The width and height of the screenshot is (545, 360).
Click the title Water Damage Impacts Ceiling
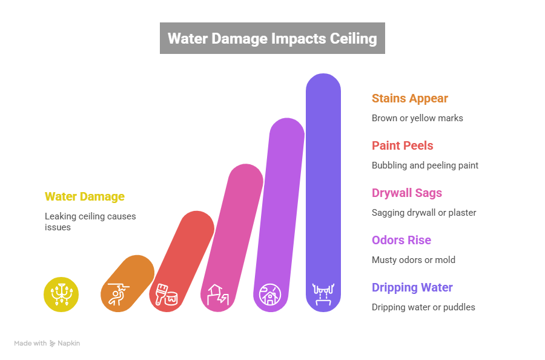point(272,39)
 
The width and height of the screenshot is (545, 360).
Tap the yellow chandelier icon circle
point(61,295)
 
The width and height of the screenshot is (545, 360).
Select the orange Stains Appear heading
point(409,98)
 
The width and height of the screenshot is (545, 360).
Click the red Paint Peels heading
point(402,145)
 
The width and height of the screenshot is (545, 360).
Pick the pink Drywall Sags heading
point(406,193)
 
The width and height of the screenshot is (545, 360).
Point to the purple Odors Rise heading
point(401,240)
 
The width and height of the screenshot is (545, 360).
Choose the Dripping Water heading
point(412,287)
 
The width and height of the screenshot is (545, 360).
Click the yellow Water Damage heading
point(84,196)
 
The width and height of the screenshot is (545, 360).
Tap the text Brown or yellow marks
point(417,118)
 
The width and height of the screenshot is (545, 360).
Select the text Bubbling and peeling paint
point(424,165)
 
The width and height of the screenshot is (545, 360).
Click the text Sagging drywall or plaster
point(423,213)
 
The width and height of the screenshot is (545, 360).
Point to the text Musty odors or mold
point(413,260)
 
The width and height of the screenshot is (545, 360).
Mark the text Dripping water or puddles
point(423,307)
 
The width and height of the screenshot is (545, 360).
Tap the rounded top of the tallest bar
point(323,85)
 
